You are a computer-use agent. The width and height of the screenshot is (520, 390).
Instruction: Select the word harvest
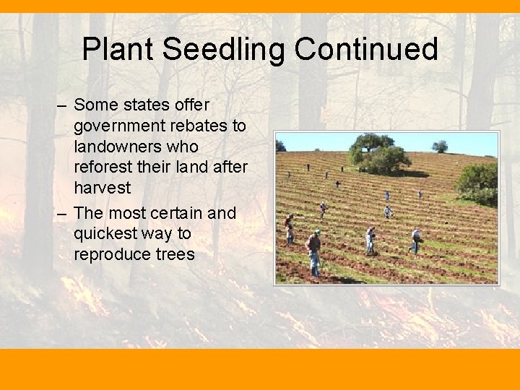102,188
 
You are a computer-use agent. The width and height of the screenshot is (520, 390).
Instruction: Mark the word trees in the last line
175,254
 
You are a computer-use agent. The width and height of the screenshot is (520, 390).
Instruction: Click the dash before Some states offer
63,105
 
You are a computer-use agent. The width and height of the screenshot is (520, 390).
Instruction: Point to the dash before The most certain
63,213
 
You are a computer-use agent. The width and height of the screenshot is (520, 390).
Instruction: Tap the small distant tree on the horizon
439,146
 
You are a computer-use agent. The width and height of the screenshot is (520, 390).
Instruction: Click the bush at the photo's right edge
479,183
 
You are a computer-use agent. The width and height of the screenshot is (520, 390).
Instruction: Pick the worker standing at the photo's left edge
289,230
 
